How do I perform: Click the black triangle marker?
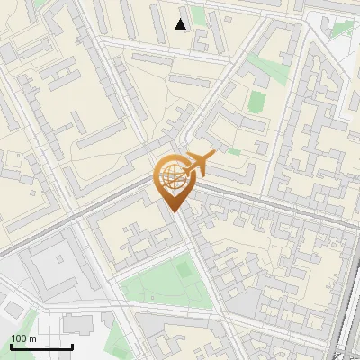click(x=181, y=24)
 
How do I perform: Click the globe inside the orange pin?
click(x=172, y=177)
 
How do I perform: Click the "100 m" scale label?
click(x=23, y=338)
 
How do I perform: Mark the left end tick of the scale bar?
click(x=11, y=346)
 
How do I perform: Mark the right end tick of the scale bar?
click(x=72, y=346)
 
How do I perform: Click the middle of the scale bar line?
click(x=41, y=347)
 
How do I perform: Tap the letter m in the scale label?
click(x=32, y=338)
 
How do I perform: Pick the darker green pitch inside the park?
click(x=184, y=268)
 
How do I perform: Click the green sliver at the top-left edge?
click(x=40, y=4)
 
